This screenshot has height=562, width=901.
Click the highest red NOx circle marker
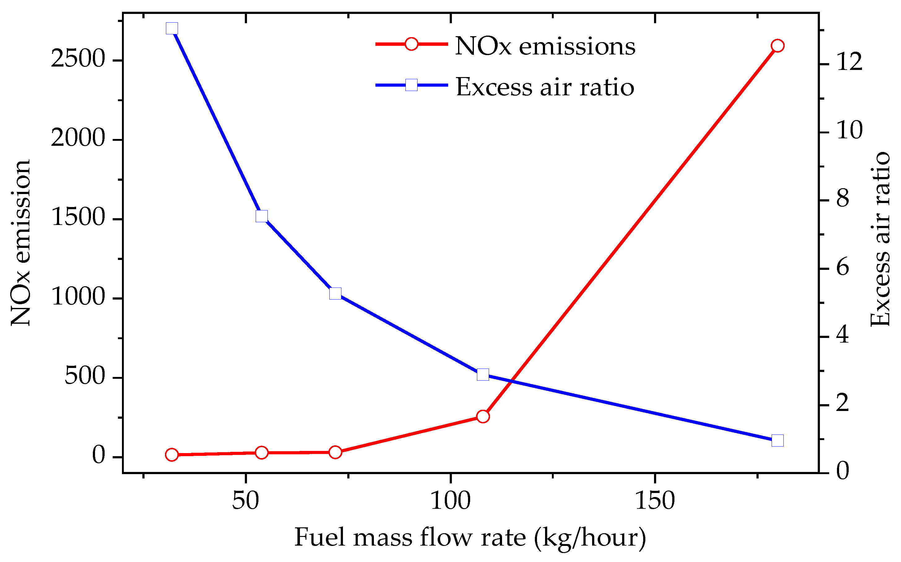coord(777,46)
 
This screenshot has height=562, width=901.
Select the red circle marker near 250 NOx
coord(483,416)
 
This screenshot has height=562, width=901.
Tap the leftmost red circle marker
coord(172,455)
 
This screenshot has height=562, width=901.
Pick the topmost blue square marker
coord(172,28)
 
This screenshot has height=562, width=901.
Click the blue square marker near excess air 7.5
coord(262,216)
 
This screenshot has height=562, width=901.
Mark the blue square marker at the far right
coord(778,440)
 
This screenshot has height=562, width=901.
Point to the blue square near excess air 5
coord(335,293)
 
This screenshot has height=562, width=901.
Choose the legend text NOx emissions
coord(545,46)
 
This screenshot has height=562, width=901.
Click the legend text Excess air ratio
coord(545,87)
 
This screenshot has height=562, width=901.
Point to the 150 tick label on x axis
coord(655,501)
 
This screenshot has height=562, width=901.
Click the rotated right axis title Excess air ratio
coord(881,239)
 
